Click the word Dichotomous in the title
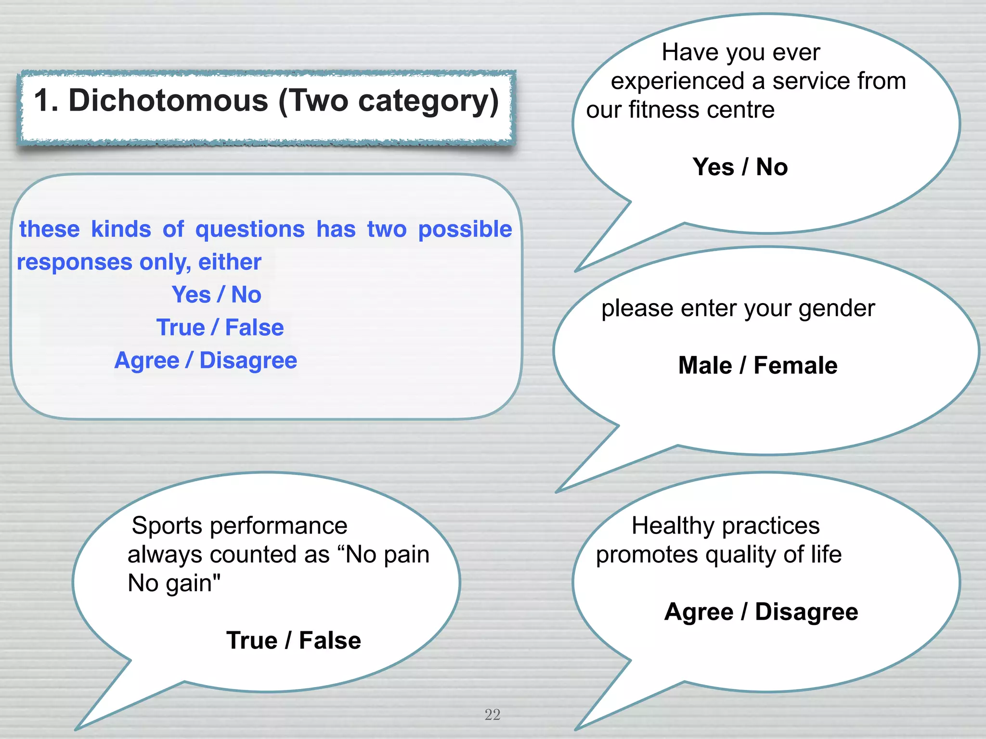169,101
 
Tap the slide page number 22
492,714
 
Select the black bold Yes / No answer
740,167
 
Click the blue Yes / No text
217,294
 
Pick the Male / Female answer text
758,365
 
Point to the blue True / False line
220,328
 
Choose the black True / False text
294,640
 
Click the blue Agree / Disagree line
206,360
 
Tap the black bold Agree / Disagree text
761,612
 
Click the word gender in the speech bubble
837,308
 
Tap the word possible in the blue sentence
465,229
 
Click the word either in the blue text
230,262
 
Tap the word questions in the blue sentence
250,229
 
